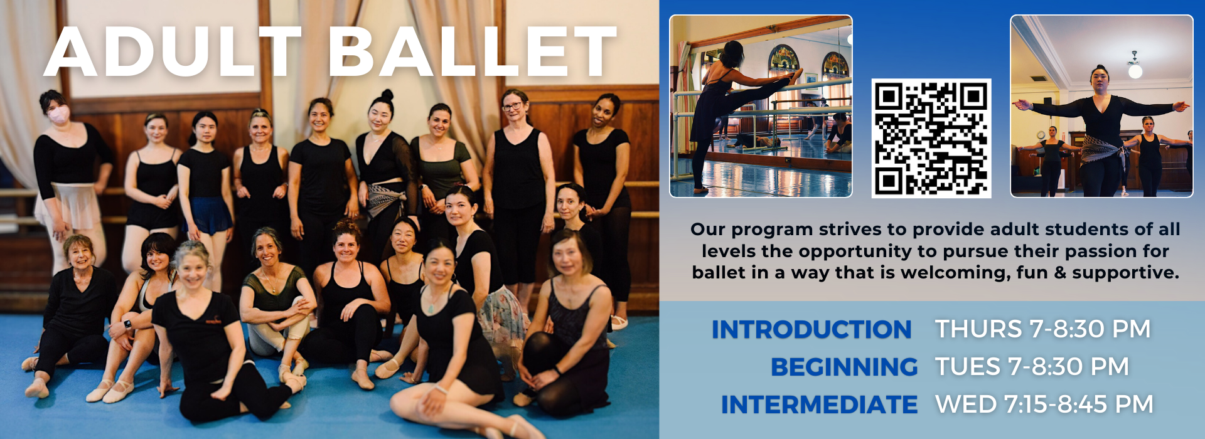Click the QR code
coord(931,138)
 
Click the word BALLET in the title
coord(473,51)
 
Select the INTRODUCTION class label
coord(811,329)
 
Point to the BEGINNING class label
coord(844,367)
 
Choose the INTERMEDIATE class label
coord(819,405)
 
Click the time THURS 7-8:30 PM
coord(1042,329)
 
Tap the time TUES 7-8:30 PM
coord(1032,367)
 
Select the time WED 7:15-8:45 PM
coord(1044,405)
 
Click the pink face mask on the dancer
coord(59,115)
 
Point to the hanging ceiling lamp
coord(1135,65)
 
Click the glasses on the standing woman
coord(512,106)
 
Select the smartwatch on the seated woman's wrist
coord(127,325)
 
